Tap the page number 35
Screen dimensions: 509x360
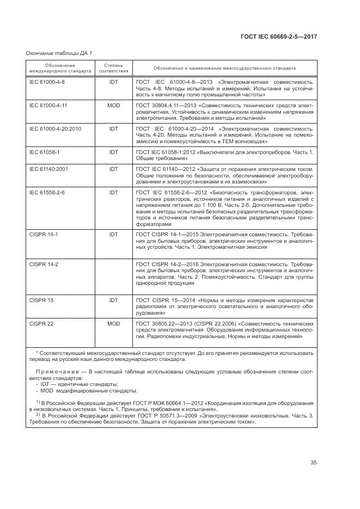point(314,463)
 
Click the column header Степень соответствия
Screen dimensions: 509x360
point(113,68)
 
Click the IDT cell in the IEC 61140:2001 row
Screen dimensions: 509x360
point(113,169)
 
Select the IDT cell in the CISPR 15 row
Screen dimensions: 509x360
point(113,300)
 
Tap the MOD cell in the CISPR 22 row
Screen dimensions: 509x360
point(113,323)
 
